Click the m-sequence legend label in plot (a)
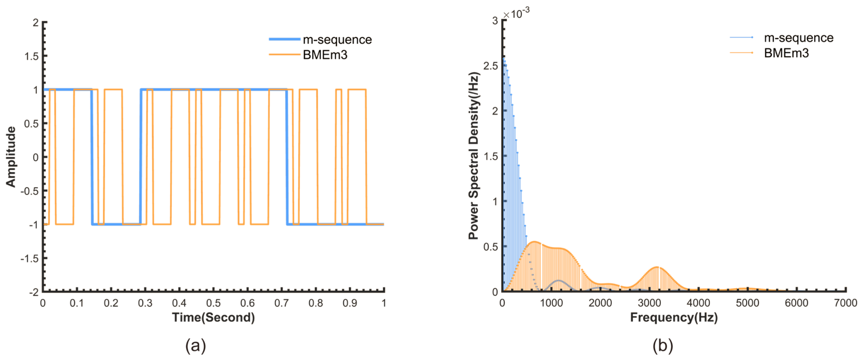coord(337,40)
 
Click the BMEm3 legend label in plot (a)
coord(325,55)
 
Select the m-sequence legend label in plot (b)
coord(798,38)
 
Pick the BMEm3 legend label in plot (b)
coord(786,53)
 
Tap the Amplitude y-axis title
coord(11,157)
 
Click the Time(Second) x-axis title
coord(213,317)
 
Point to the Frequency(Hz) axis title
coord(674,317)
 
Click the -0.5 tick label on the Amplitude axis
coord(29,191)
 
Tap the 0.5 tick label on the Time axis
coord(213,303)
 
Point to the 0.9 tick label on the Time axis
coord(350,303)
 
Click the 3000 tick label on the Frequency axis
coord(649,303)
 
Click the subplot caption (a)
coord(196,346)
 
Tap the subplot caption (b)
coord(662,346)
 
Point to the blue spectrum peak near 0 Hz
coord(503,59)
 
